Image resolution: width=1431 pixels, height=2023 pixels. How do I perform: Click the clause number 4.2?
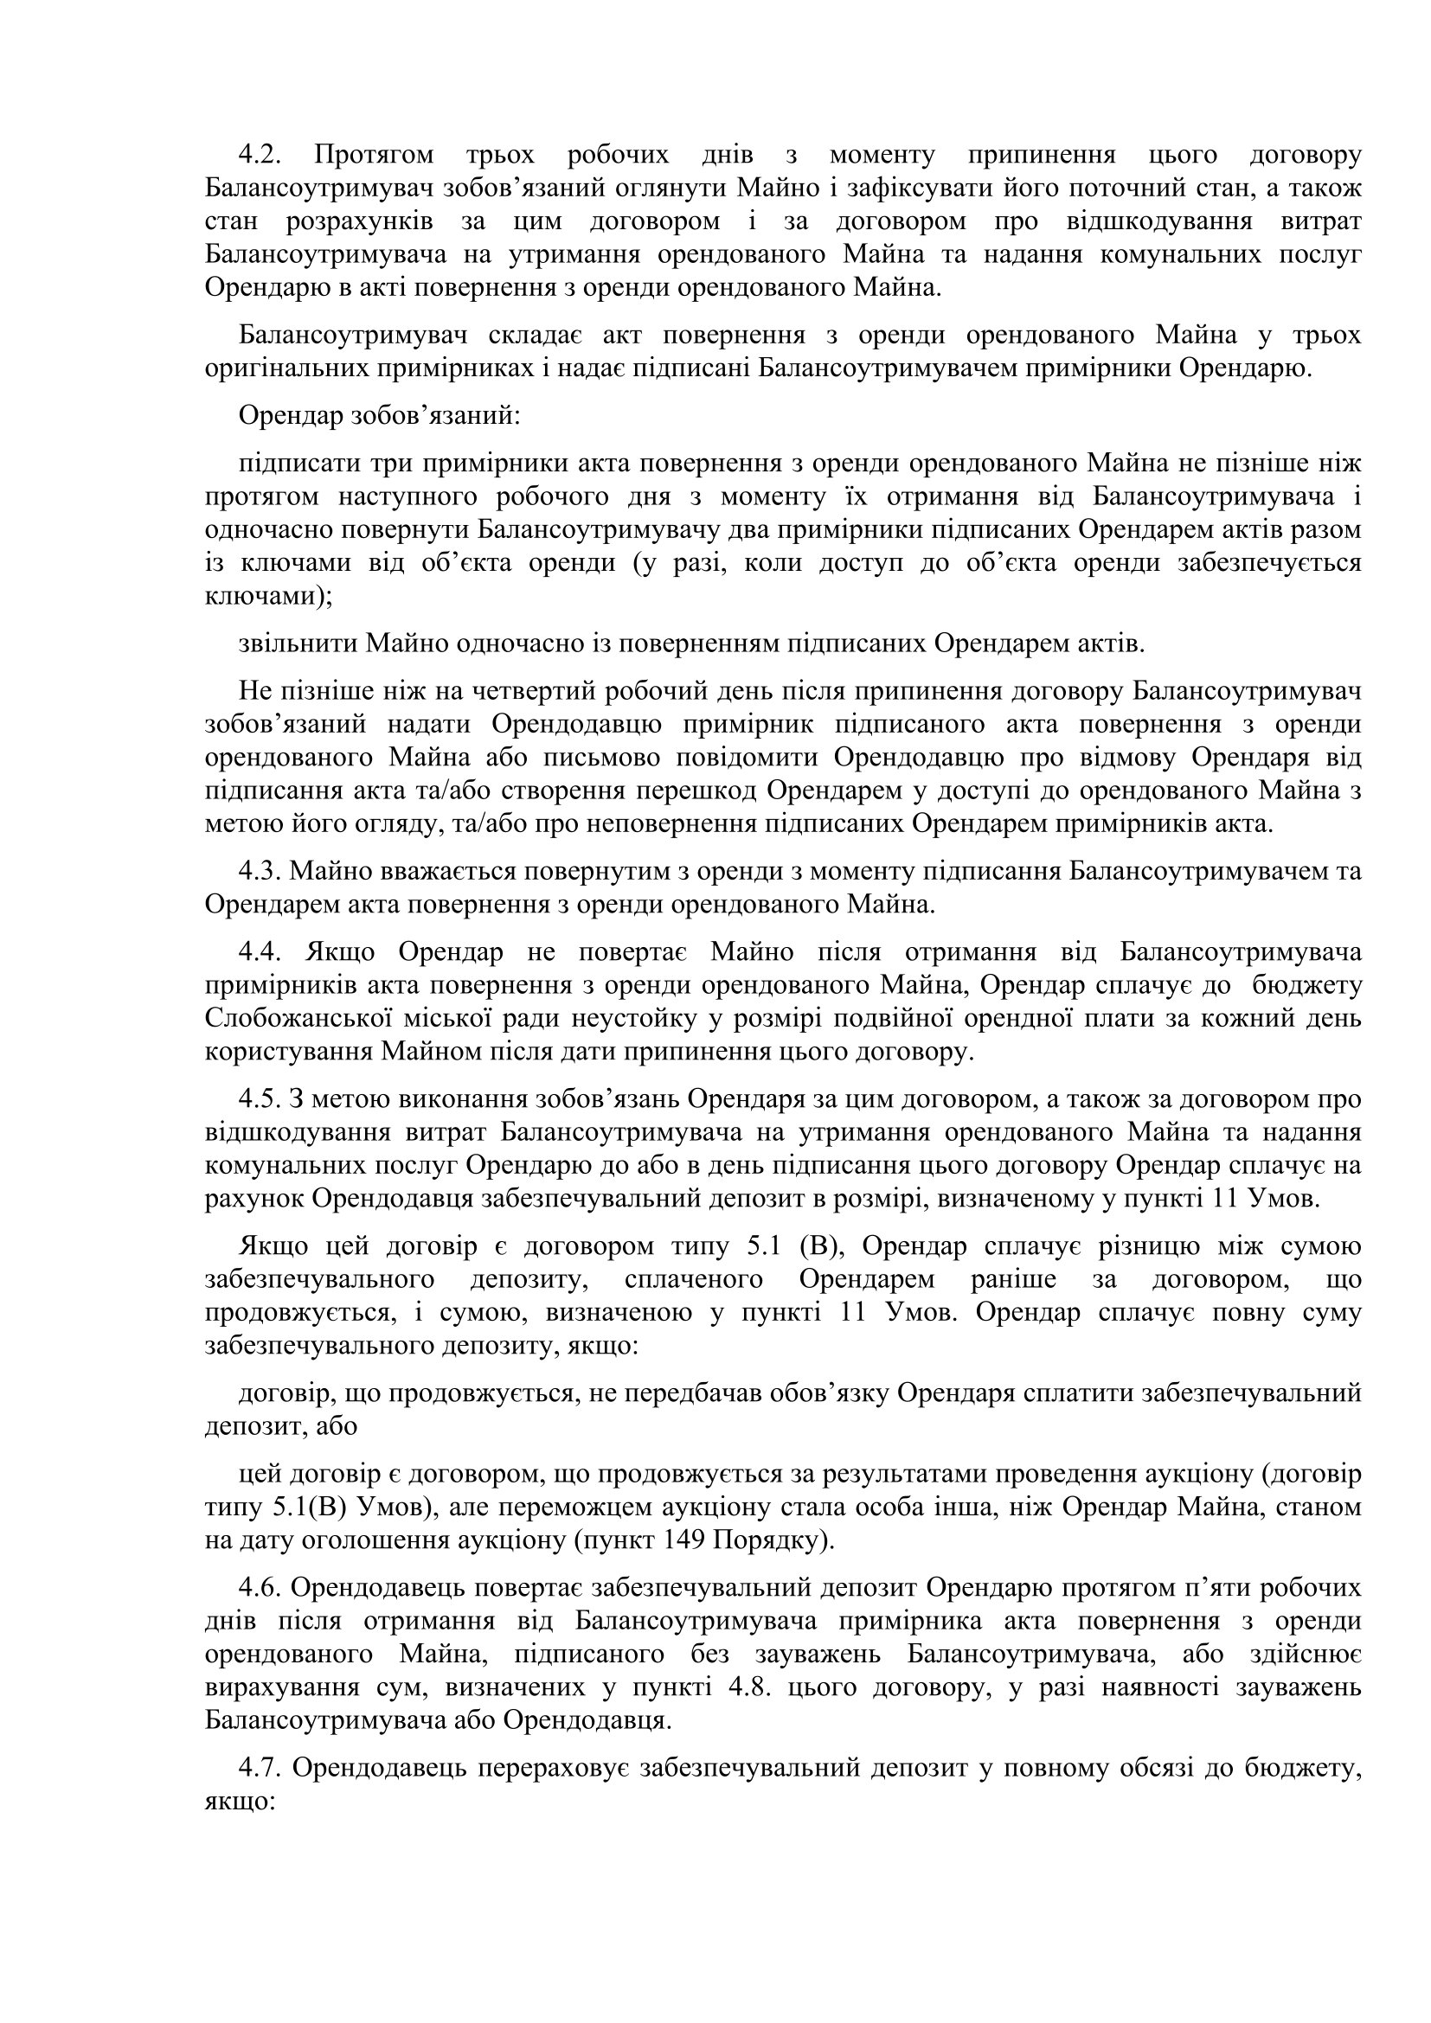pyautogui.click(x=259, y=156)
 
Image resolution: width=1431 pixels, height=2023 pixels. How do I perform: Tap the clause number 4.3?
pyautogui.click(x=259, y=872)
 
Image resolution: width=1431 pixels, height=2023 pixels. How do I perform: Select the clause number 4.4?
pyautogui.click(x=259, y=952)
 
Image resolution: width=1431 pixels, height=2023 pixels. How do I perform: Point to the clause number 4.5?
pyautogui.click(x=259, y=1099)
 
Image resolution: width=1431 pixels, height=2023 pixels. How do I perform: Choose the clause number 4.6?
pyautogui.click(x=259, y=1588)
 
